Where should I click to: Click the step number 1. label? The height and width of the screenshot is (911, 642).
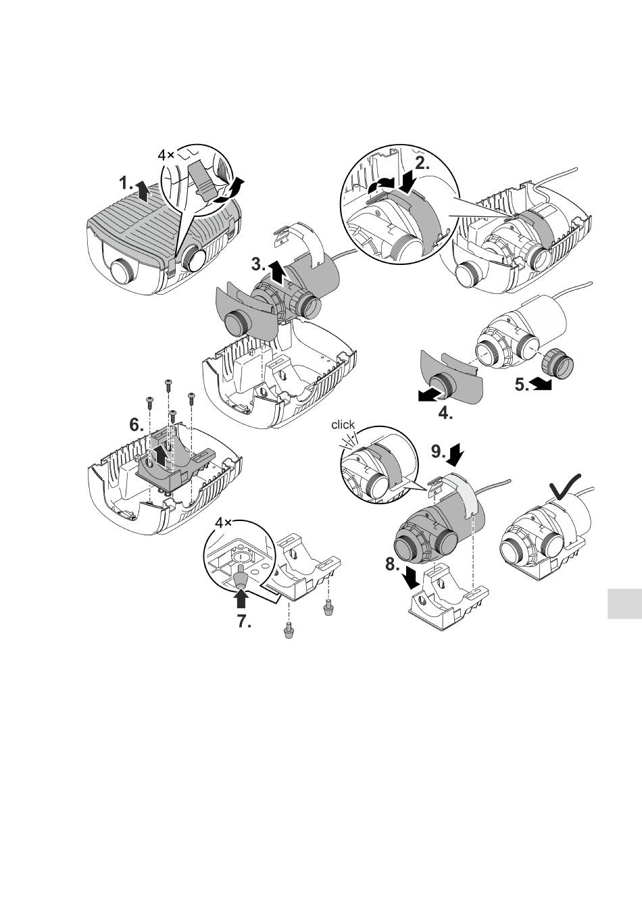[126, 183]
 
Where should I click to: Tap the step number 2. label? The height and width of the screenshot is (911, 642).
[422, 163]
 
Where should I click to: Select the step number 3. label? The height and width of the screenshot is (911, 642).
[259, 264]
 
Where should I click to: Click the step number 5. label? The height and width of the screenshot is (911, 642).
[522, 385]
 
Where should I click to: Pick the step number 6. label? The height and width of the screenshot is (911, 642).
[137, 425]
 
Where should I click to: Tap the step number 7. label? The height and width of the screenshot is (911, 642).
[244, 621]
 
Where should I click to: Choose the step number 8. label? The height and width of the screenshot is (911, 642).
[393, 564]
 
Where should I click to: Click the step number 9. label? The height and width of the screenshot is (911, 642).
[439, 451]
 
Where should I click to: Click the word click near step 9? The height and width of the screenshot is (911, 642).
[343, 424]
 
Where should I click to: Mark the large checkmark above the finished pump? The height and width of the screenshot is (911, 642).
[565, 486]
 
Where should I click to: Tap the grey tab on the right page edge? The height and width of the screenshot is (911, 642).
[624, 604]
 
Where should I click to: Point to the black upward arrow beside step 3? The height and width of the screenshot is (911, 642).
[277, 273]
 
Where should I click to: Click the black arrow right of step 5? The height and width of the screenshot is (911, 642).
[541, 384]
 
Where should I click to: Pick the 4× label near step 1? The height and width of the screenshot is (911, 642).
[166, 155]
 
